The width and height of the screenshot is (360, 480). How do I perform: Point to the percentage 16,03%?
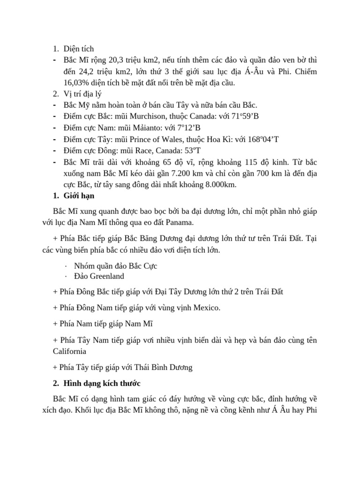(x=68, y=82)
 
